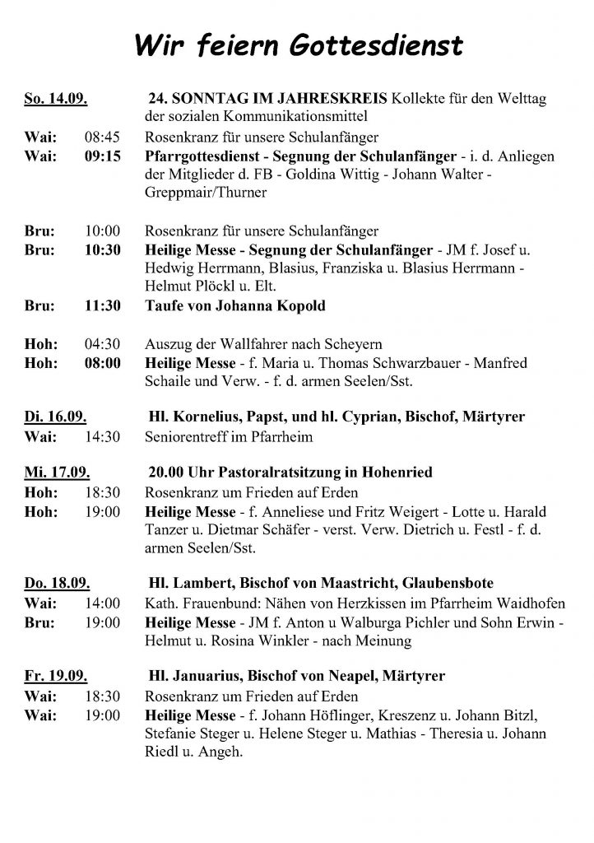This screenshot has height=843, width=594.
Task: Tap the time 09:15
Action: click(x=103, y=155)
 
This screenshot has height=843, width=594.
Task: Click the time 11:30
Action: click(x=103, y=305)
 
